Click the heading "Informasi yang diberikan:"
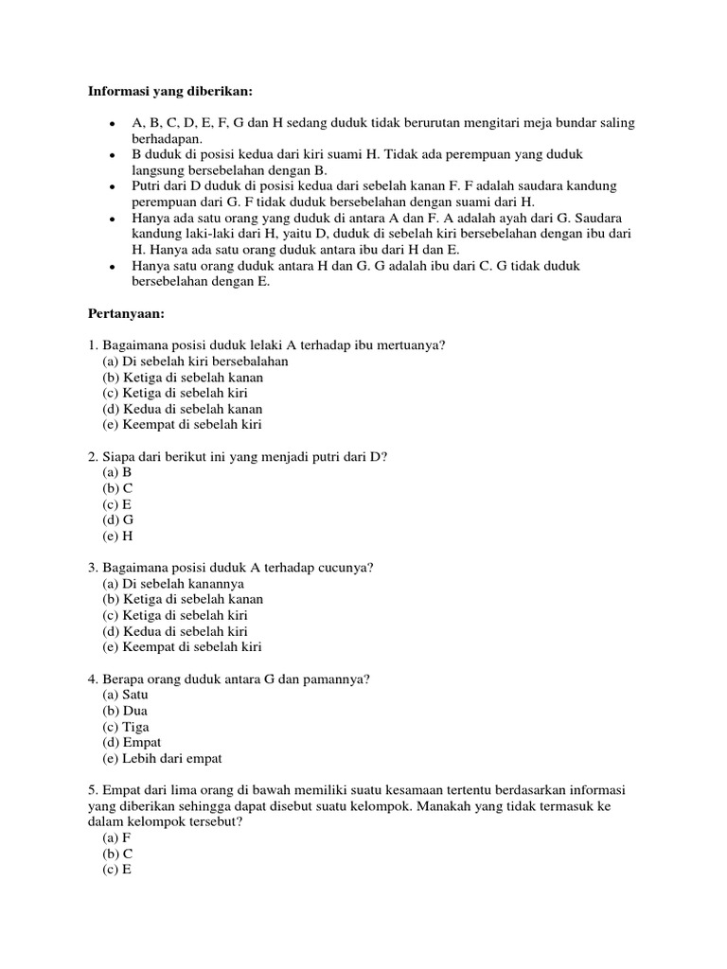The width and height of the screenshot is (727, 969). click(171, 91)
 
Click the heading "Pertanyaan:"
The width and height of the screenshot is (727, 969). click(126, 313)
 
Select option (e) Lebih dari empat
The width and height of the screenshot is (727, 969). click(162, 759)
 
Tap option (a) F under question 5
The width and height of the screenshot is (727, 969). click(116, 838)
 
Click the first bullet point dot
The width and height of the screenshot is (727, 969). click(113, 124)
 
